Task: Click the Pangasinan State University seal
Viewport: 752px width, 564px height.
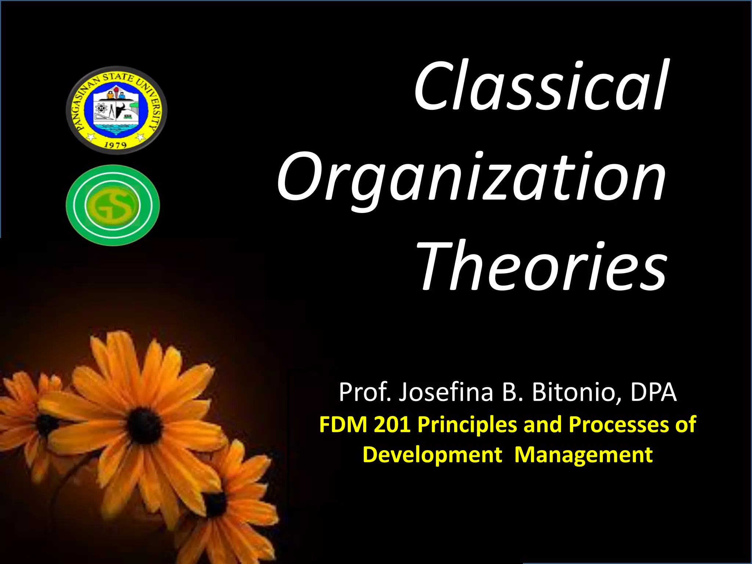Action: pyautogui.click(x=116, y=110)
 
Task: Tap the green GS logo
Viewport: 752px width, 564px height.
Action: pyautogui.click(x=113, y=205)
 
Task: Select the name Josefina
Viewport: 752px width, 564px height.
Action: pyautogui.click(x=446, y=392)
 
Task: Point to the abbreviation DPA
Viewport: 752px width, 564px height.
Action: pyautogui.click(x=654, y=392)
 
